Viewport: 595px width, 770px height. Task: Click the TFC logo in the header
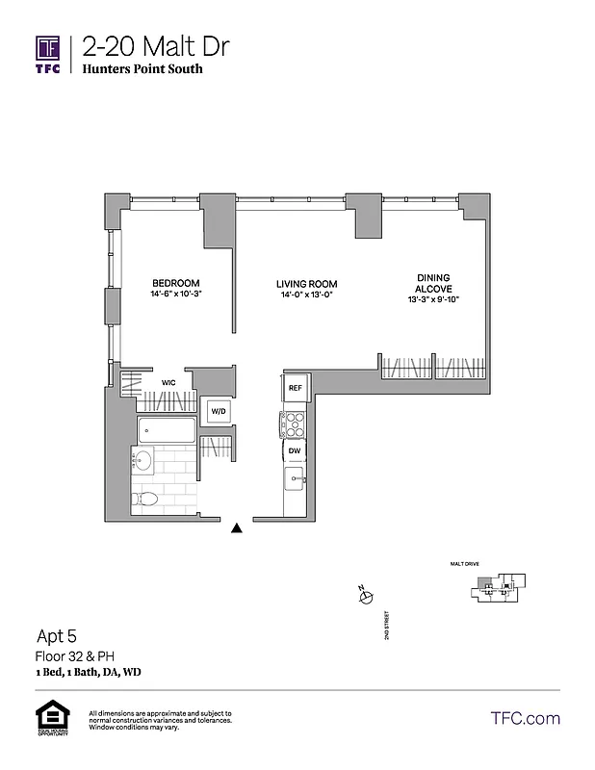coord(48,54)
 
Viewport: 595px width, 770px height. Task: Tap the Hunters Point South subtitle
coord(142,69)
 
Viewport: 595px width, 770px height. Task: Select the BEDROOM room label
coord(175,283)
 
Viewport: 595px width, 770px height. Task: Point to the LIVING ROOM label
coord(306,284)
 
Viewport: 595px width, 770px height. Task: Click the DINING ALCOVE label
coord(432,283)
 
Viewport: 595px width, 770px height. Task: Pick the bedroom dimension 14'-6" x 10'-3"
coord(175,295)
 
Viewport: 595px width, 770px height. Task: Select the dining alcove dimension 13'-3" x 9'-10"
coord(432,300)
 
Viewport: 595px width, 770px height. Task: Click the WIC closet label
coord(168,382)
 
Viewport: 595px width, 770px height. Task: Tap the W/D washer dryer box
coord(219,412)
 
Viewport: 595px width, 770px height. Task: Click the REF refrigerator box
coord(296,387)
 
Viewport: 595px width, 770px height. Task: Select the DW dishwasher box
coord(295,449)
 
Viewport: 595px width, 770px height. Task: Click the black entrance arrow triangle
coord(238,526)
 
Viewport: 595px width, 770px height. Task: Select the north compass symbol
coord(364,598)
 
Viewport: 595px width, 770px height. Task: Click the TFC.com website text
coord(525,718)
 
